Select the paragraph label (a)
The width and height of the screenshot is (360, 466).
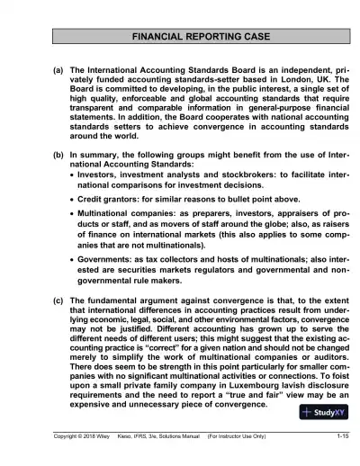click(58, 68)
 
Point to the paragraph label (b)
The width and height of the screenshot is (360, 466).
click(58, 157)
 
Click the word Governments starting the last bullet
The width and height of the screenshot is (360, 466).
click(108, 255)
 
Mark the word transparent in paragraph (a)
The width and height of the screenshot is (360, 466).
click(99, 118)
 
